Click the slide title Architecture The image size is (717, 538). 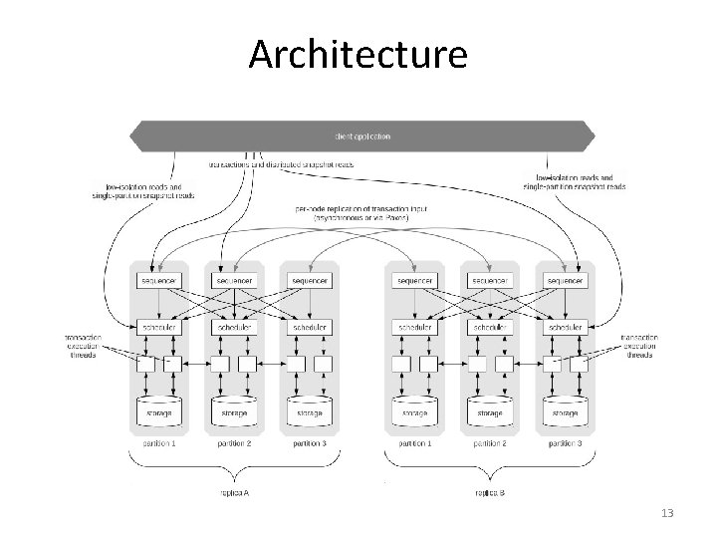click(358, 54)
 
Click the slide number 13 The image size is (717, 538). click(667, 512)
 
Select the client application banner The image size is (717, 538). click(361, 134)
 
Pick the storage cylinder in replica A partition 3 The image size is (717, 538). click(309, 410)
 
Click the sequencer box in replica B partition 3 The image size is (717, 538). click(565, 281)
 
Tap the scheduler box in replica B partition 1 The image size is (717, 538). click(412, 327)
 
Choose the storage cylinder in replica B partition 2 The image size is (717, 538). click(488, 410)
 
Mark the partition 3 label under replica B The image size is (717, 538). click(564, 442)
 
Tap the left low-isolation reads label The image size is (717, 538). click(149, 189)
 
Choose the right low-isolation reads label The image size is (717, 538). click(574, 181)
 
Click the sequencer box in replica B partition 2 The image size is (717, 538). click(489, 281)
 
